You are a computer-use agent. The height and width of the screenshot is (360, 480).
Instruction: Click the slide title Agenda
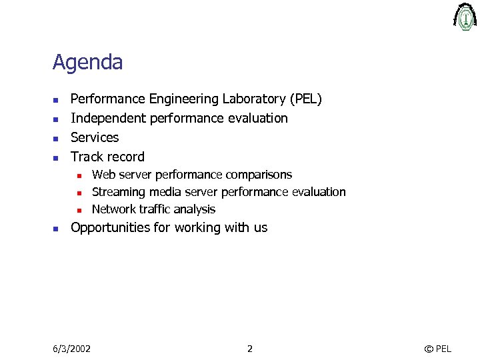[x=87, y=63]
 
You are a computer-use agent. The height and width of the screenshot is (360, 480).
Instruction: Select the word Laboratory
[x=254, y=99]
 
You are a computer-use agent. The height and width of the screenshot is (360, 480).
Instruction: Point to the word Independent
[x=109, y=119]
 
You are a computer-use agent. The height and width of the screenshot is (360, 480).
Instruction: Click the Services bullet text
[x=95, y=138]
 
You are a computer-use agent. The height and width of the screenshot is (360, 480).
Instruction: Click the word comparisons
[x=259, y=175]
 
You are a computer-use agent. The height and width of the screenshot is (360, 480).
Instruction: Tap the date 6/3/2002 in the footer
[x=72, y=349]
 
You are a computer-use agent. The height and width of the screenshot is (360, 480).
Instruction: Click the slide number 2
[x=249, y=349]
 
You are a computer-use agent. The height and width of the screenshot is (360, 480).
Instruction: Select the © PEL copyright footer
[x=438, y=349]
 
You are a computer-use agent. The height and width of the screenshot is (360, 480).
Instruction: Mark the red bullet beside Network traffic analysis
[x=78, y=210]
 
